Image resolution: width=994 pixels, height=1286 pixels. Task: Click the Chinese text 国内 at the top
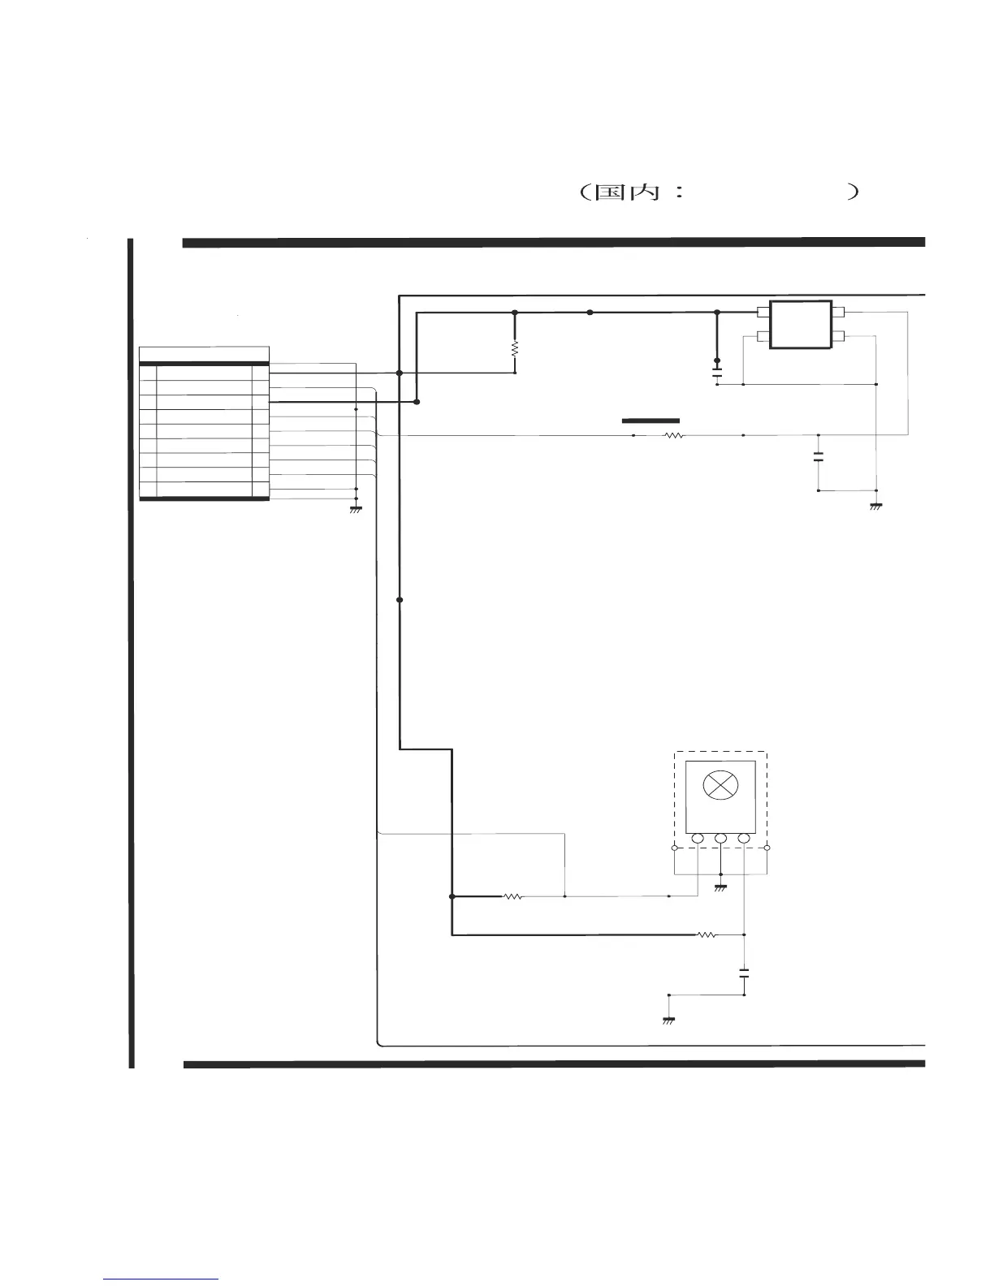pos(627,192)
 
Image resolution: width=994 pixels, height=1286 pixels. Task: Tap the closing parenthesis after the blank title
pos(853,192)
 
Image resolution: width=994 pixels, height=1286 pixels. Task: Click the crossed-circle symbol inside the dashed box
pos(720,785)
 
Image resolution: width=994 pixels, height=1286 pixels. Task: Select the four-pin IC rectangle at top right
pos(801,324)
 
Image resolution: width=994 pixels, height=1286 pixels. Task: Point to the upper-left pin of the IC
pos(763,312)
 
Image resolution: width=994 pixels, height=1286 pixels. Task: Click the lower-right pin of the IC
pos(838,336)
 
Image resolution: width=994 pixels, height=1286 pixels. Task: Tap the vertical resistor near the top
pos(515,348)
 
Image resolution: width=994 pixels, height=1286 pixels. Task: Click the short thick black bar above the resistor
pos(650,421)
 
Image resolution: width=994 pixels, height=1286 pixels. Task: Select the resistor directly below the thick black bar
pos(674,436)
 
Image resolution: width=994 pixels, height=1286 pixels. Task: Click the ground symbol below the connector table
pos(355,510)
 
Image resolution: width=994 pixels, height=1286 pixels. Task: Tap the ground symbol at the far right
pos(875,507)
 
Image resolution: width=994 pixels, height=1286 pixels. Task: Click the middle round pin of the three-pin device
pos(720,838)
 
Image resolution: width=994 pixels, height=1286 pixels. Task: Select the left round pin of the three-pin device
pos(698,838)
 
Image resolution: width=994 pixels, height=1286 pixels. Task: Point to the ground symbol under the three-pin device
pos(720,887)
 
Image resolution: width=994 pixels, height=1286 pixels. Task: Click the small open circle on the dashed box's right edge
pos(767,848)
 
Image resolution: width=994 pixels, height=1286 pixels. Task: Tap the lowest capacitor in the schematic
pos(744,973)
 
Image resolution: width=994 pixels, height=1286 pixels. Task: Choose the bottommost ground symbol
pos(668,1021)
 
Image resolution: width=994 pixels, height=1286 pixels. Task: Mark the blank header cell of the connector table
pos(205,354)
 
